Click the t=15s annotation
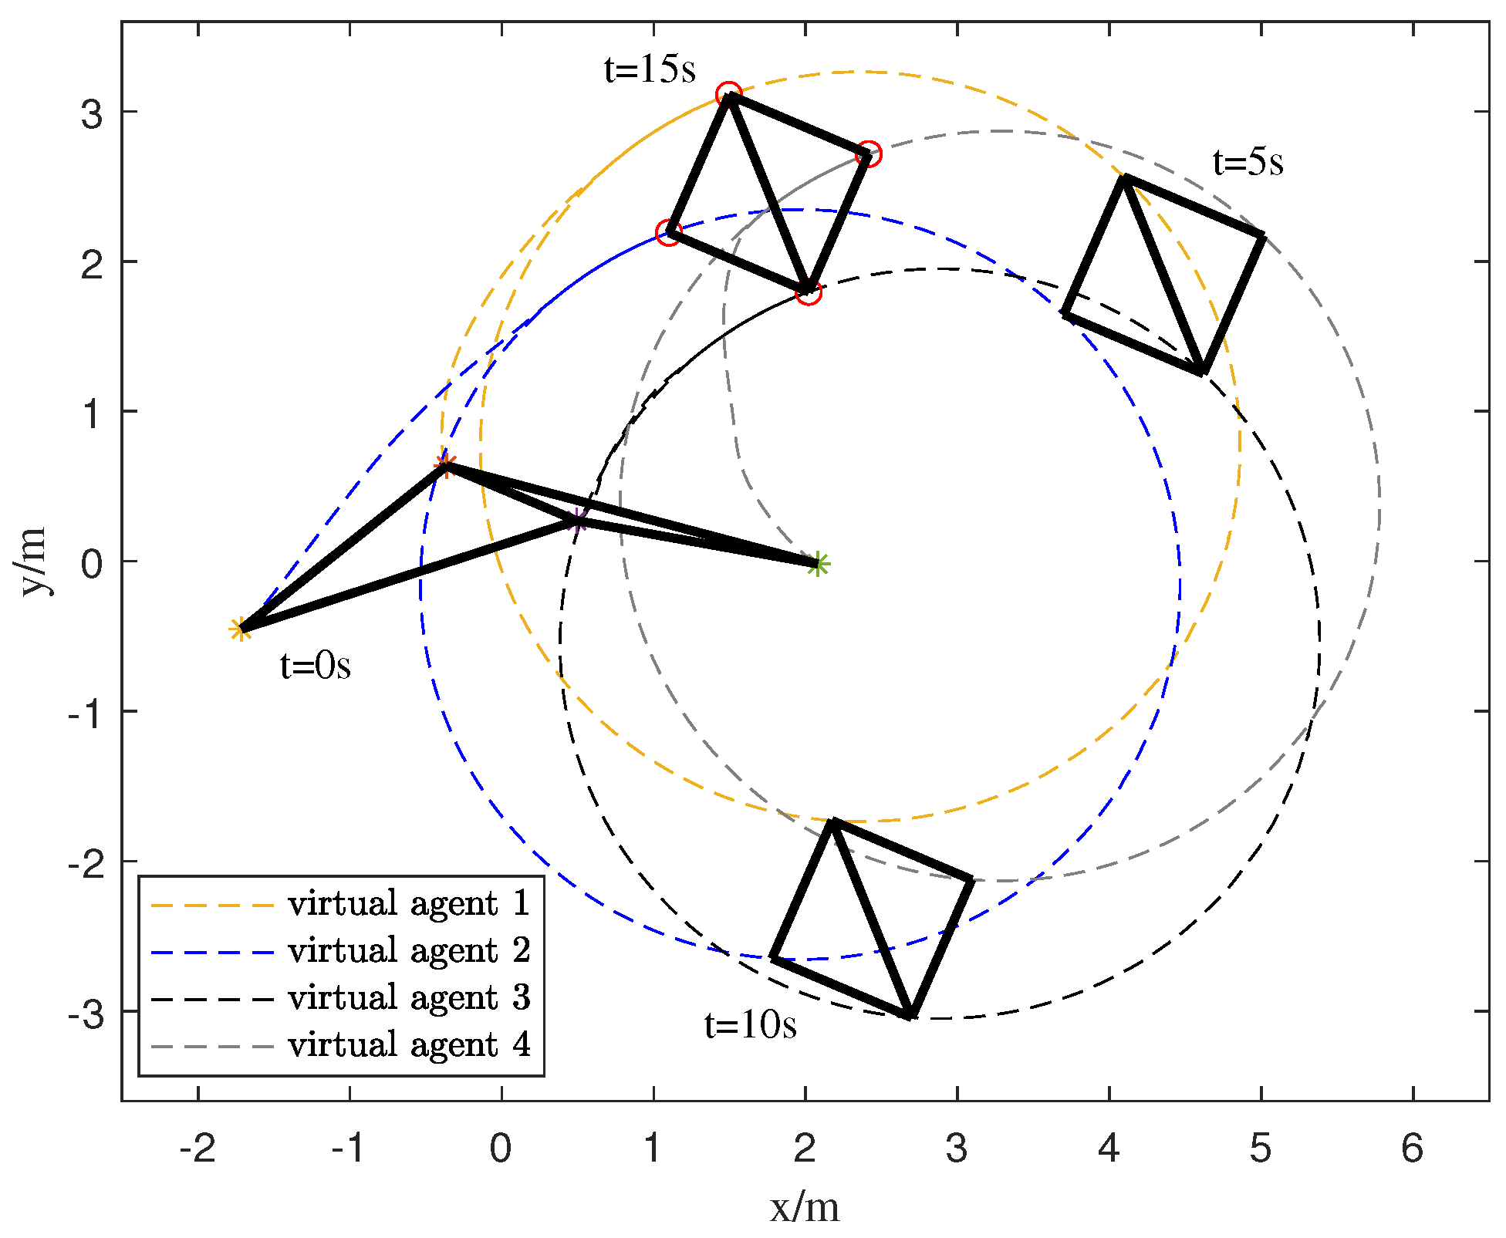pyautogui.click(x=650, y=70)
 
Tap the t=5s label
pyautogui.click(x=1248, y=163)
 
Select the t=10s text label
pyautogui.click(x=750, y=1025)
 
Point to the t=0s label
pyautogui.click(x=315, y=666)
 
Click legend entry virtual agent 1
pyautogui.click(x=409, y=903)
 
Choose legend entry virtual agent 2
pyautogui.click(x=409, y=950)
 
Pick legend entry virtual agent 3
pyautogui.click(x=409, y=997)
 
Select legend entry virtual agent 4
pyautogui.click(x=409, y=1045)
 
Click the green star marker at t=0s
pyautogui.click(x=819, y=564)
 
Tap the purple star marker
pyautogui.click(x=578, y=521)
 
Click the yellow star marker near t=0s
pyautogui.click(x=241, y=629)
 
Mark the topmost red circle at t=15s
pyautogui.click(x=728, y=95)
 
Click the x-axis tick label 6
pyautogui.click(x=1412, y=1149)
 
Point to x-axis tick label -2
pyautogui.click(x=198, y=1149)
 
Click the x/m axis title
pyautogui.click(x=805, y=1208)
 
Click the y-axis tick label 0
pyautogui.click(x=92, y=563)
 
